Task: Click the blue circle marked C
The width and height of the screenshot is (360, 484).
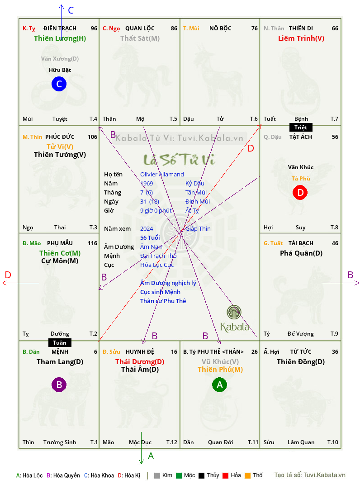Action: click(x=59, y=84)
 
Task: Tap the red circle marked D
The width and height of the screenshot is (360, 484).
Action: click(x=300, y=192)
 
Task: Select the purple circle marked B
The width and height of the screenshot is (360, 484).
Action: click(x=59, y=384)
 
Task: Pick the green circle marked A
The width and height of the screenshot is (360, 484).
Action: click(x=219, y=384)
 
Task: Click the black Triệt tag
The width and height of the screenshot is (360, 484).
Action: click(x=301, y=128)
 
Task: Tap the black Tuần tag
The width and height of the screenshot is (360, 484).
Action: click(x=60, y=342)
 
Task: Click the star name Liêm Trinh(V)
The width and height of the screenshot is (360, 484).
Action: click(x=301, y=38)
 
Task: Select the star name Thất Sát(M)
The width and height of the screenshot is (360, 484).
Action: click(x=140, y=38)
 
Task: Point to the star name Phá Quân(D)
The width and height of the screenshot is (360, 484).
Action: click(x=301, y=253)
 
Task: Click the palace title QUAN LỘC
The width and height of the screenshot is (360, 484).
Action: click(x=140, y=28)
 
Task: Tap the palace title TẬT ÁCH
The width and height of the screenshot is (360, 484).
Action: click(x=300, y=137)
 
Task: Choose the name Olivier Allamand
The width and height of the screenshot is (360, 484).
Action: click(x=162, y=175)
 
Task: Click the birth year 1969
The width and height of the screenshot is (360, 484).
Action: click(x=147, y=183)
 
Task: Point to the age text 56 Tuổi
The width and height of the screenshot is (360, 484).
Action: click(x=150, y=237)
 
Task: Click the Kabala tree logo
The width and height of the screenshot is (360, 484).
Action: click(x=234, y=312)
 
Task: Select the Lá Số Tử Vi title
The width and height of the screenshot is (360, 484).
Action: click(x=179, y=160)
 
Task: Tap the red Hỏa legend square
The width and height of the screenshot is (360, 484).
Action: click(x=225, y=475)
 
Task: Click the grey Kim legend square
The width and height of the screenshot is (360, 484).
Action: click(x=157, y=475)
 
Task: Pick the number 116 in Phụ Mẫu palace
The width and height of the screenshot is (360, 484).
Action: click(x=92, y=243)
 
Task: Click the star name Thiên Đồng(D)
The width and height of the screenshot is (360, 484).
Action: click(x=301, y=362)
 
